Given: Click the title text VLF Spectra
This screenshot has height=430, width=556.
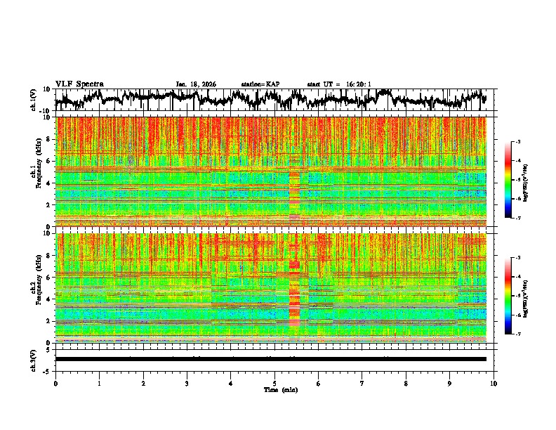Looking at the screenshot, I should (79, 84).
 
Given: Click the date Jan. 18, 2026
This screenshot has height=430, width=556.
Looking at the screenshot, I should (196, 84).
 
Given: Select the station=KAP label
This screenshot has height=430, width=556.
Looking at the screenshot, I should (260, 84).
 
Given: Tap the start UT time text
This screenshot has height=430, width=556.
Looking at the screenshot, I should (339, 84).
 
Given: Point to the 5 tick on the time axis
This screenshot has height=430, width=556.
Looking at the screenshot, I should (274, 383).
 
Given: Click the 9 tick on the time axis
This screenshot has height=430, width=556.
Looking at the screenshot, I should (450, 383).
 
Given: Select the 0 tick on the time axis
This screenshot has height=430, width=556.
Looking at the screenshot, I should (55, 383).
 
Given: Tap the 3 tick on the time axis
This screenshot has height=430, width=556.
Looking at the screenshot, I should (187, 383).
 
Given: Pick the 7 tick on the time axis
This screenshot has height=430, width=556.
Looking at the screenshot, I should (362, 383).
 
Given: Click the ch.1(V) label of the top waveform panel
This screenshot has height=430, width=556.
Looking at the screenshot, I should (34, 100).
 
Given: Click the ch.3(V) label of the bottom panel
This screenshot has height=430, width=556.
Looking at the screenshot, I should (34, 359).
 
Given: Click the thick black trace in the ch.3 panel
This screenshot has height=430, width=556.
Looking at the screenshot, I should (270, 359).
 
